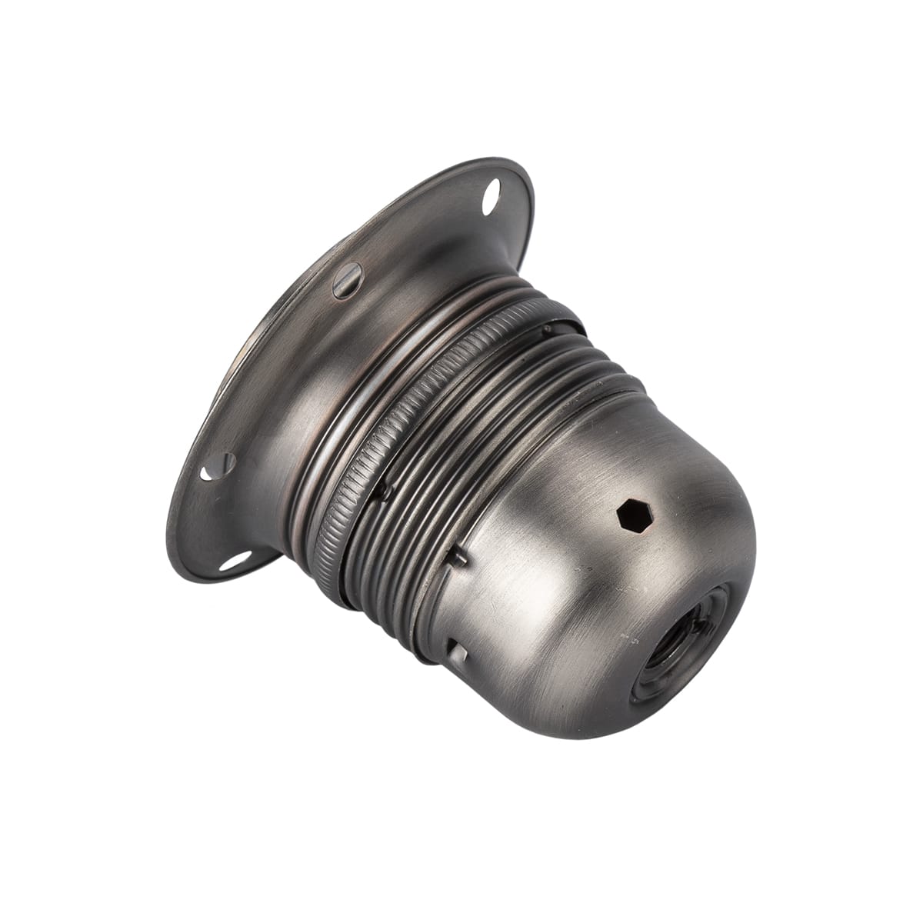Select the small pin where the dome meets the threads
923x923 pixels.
pyautogui.click(x=459, y=557)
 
